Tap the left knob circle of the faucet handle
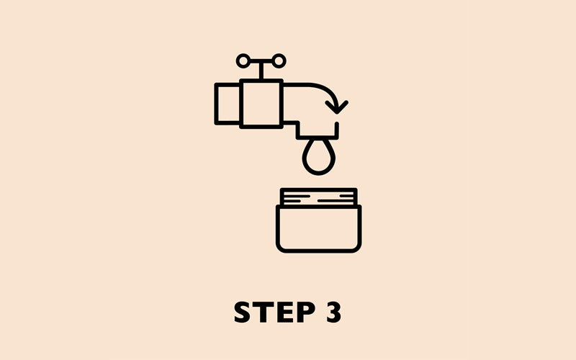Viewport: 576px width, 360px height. [243, 60]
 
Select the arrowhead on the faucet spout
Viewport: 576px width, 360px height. [336, 107]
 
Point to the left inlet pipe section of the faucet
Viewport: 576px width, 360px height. [227, 104]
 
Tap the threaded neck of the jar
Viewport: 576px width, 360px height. [319, 197]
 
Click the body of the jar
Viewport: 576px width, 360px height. [319, 228]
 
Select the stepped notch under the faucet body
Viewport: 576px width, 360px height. [297, 127]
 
